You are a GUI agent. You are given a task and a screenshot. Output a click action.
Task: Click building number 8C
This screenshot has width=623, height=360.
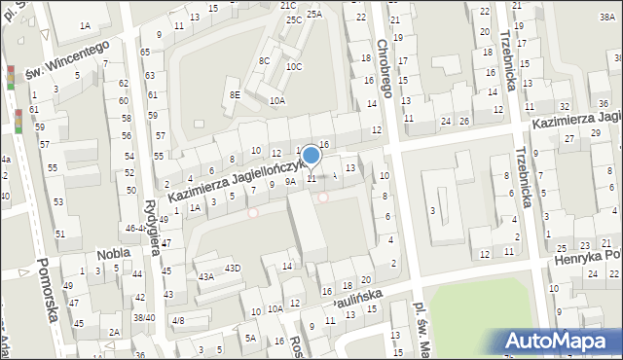coord(264,60)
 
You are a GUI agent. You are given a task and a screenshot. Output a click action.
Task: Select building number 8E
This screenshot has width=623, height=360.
coord(235,94)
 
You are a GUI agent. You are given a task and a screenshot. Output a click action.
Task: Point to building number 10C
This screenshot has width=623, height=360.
coord(294,66)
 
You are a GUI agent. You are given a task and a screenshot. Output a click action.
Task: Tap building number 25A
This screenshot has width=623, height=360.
coord(313,14)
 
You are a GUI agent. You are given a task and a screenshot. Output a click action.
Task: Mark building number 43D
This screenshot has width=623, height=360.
coord(233,268)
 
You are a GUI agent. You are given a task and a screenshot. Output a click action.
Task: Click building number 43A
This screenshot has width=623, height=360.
coord(205,276)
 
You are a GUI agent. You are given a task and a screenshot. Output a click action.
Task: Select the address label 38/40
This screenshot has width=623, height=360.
coord(144,317)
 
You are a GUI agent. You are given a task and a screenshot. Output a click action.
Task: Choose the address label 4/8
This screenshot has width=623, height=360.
coord(177,320)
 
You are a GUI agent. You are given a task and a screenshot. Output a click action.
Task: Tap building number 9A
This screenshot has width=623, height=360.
coord(289,181)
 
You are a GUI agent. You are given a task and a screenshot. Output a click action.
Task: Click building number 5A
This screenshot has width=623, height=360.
coord(250,338)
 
